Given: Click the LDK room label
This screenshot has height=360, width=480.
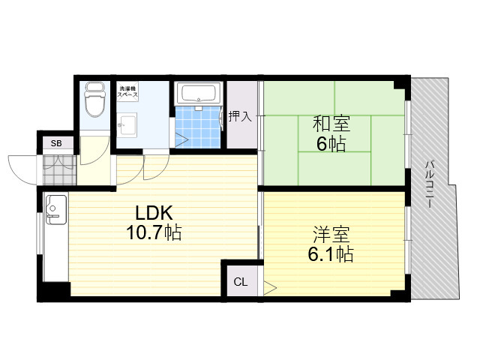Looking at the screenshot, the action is click(x=154, y=213).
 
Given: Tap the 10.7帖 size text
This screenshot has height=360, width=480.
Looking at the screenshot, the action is click(x=154, y=232).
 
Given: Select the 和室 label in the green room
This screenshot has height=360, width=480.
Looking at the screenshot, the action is click(x=331, y=123).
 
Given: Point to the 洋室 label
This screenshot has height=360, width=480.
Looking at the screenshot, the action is click(x=331, y=235).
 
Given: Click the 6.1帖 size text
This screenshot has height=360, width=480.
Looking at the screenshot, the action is click(x=331, y=254).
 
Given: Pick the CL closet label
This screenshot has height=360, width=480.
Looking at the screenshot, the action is click(x=241, y=282).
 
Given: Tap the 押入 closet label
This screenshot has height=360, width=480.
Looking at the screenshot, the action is click(x=240, y=116).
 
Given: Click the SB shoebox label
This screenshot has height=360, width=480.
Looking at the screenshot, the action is click(x=56, y=143).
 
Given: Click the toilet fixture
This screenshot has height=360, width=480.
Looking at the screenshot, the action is click(x=94, y=99).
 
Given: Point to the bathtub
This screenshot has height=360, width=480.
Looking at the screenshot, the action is click(x=198, y=92).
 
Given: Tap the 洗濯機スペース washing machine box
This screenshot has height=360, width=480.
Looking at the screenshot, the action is click(x=128, y=91).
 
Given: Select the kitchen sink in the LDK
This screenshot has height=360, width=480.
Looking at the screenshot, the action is click(x=56, y=209).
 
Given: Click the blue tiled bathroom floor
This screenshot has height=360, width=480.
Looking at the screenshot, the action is click(x=198, y=127).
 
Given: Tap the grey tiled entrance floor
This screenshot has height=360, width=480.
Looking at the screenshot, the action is click(x=59, y=170).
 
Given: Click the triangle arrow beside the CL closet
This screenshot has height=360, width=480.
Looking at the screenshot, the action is click(x=270, y=288).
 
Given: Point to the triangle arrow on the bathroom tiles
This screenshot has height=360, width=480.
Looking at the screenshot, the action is click(x=181, y=140).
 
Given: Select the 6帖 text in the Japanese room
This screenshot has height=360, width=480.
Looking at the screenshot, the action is click(x=331, y=143).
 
